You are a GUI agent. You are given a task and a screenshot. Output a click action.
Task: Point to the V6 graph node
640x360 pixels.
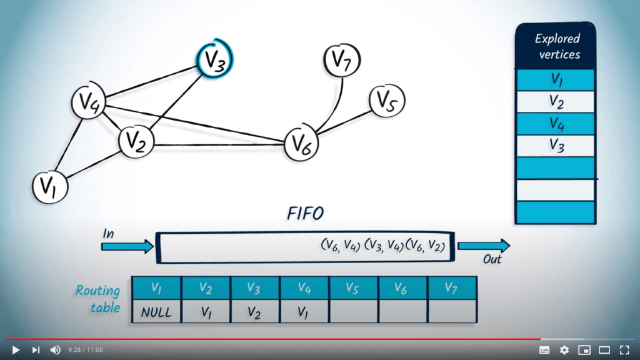point(302,143)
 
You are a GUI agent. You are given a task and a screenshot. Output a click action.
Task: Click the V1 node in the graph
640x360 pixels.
point(49,186)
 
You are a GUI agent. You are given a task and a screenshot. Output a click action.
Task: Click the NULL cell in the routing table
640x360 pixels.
point(156,311)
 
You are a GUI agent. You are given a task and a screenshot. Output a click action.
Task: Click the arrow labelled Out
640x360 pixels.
point(483,246)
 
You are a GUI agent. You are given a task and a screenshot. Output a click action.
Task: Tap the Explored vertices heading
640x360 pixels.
point(555,47)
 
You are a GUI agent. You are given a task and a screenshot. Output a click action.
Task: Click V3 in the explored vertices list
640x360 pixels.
point(555,146)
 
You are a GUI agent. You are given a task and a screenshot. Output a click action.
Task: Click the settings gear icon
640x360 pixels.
point(564,350)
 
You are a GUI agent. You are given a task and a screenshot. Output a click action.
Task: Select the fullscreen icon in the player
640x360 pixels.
point(624,350)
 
